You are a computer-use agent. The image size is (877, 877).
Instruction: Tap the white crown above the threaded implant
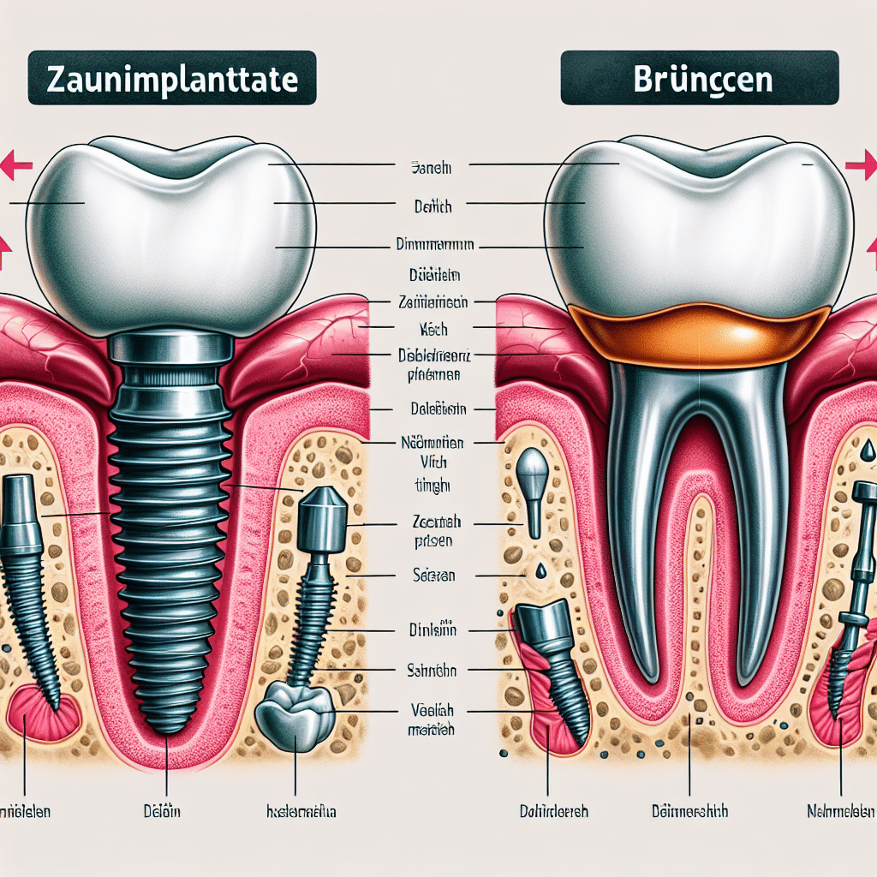pos(171,231)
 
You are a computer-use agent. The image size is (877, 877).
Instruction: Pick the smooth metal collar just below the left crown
pos(171,348)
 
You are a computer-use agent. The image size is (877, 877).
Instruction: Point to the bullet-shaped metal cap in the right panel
pos(533,480)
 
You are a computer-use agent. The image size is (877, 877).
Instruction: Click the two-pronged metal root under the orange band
pos(698,480)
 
